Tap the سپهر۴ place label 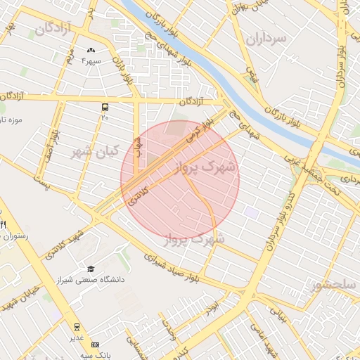tap(91, 62)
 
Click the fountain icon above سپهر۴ tap(91, 51)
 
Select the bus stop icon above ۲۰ tap(105, 108)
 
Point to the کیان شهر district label tap(91, 151)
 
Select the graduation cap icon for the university tap(91, 269)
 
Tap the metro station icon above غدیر tap(76, 327)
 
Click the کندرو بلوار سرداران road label tap(278, 226)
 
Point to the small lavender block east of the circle tap(252, 212)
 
